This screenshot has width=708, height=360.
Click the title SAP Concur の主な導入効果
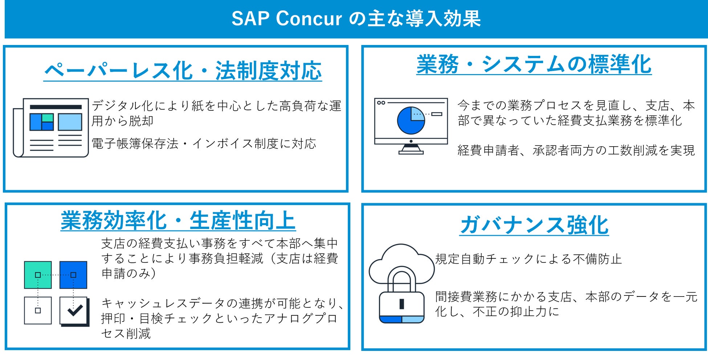point(356,19)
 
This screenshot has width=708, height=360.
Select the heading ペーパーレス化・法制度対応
point(183,70)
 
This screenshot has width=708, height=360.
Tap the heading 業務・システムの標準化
point(534,64)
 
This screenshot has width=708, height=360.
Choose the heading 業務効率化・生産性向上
point(178,220)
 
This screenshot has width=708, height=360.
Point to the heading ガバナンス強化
point(534,225)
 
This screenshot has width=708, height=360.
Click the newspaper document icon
point(51,127)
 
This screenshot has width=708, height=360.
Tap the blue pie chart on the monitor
point(411,120)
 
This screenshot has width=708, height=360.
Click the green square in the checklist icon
point(38,275)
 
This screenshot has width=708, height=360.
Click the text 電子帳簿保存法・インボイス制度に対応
point(204,144)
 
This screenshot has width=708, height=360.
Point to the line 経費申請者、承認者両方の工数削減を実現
point(576,150)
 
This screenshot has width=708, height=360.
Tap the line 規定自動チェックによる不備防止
point(528,259)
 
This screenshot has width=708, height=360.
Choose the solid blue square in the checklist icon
point(73,275)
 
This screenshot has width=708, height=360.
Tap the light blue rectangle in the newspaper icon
point(70,122)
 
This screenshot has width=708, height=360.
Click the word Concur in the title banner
point(309,19)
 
